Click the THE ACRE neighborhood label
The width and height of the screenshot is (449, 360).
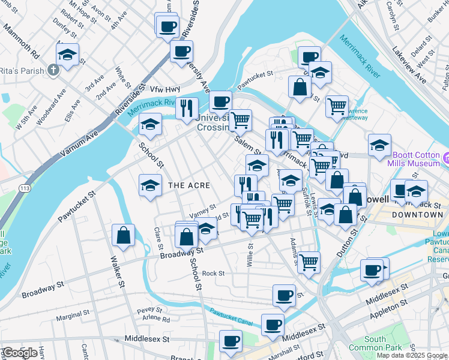(x=189, y=185)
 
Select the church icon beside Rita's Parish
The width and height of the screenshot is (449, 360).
(x=53, y=70)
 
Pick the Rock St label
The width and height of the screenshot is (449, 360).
(x=213, y=274)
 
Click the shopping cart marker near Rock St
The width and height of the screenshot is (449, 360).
(x=309, y=262)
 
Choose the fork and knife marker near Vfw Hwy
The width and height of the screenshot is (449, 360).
(x=187, y=107)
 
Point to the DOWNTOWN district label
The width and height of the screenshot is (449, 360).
(x=417, y=214)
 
